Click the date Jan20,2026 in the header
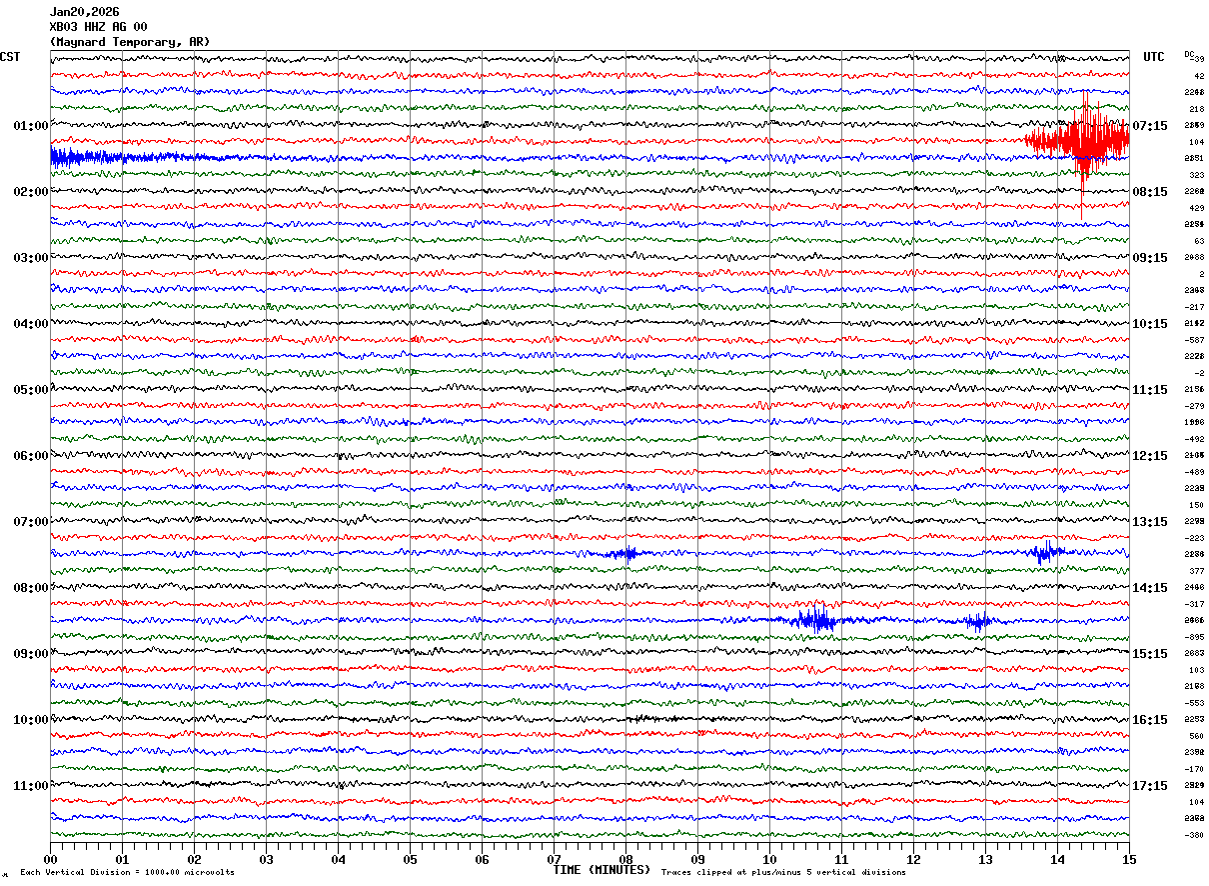[x=84, y=12]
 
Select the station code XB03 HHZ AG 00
[x=98, y=27]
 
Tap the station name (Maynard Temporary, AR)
[x=130, y=42]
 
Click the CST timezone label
[x=10, y=57]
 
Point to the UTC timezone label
[x=1154, y=57]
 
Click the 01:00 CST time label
[x=30, y=126]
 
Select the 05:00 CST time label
[x=30, y=390]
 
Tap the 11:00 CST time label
[x=30, y=786]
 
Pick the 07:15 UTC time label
[x=1150, y=126]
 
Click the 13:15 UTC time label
[x=1150, y=522]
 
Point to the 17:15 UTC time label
[x=1150, y=786]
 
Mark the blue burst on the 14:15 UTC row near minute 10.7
[x=817, y=620]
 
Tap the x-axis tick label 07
[x=554, y=859]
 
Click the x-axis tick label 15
[x=1129, y=859]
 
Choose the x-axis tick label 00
[x=50, y=859]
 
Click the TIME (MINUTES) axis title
[x=602, y=870]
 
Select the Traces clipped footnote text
[x=783, y=873]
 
